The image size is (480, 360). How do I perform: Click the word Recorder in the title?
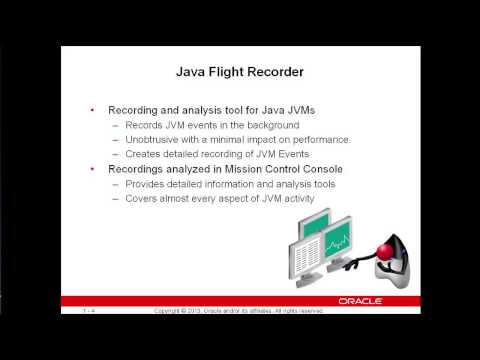tap(286, 71)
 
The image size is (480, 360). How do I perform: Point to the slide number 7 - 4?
tap(90, 312)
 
